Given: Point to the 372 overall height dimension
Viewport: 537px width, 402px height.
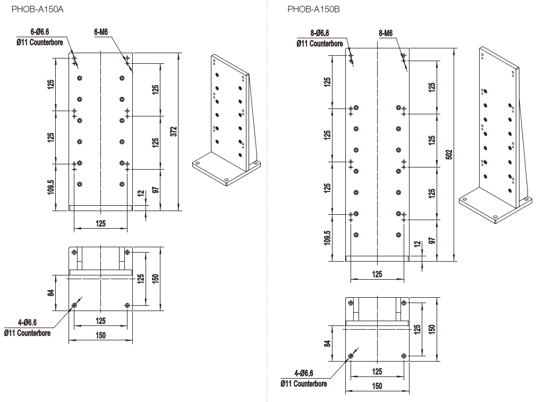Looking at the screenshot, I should click(174, 131).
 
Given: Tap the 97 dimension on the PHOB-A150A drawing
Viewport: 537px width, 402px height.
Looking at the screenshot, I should click(155, 190).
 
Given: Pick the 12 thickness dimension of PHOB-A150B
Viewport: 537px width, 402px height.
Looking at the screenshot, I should click(417, 245).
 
